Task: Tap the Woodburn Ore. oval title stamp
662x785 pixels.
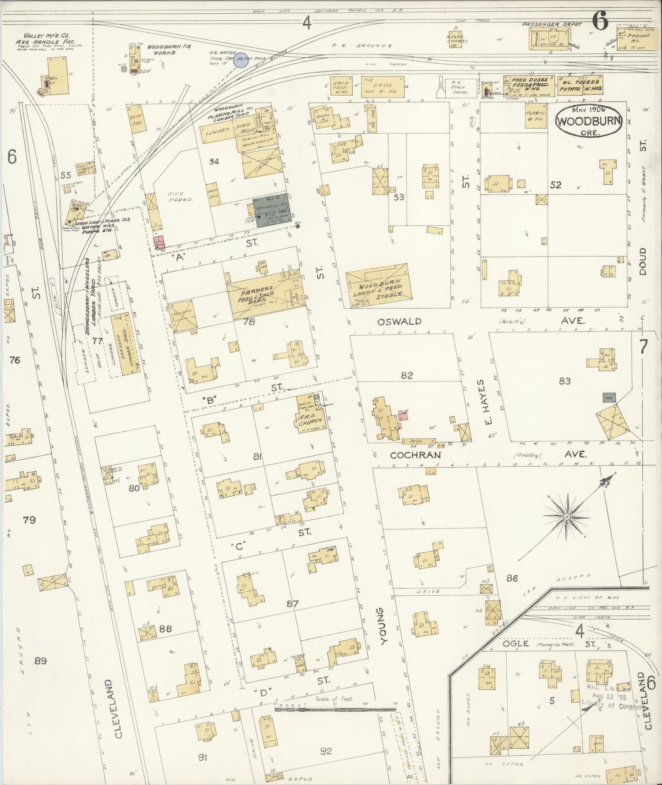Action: coord(589,120)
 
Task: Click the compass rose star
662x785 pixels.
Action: coord(567,517)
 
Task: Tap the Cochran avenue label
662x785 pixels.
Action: coord(416,455)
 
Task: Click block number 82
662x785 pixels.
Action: coord(406,376)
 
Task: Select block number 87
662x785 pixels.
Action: coord(292,604)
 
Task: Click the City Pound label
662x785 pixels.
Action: coord(181,197)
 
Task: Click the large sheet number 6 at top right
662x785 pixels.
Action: coord(600,20)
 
